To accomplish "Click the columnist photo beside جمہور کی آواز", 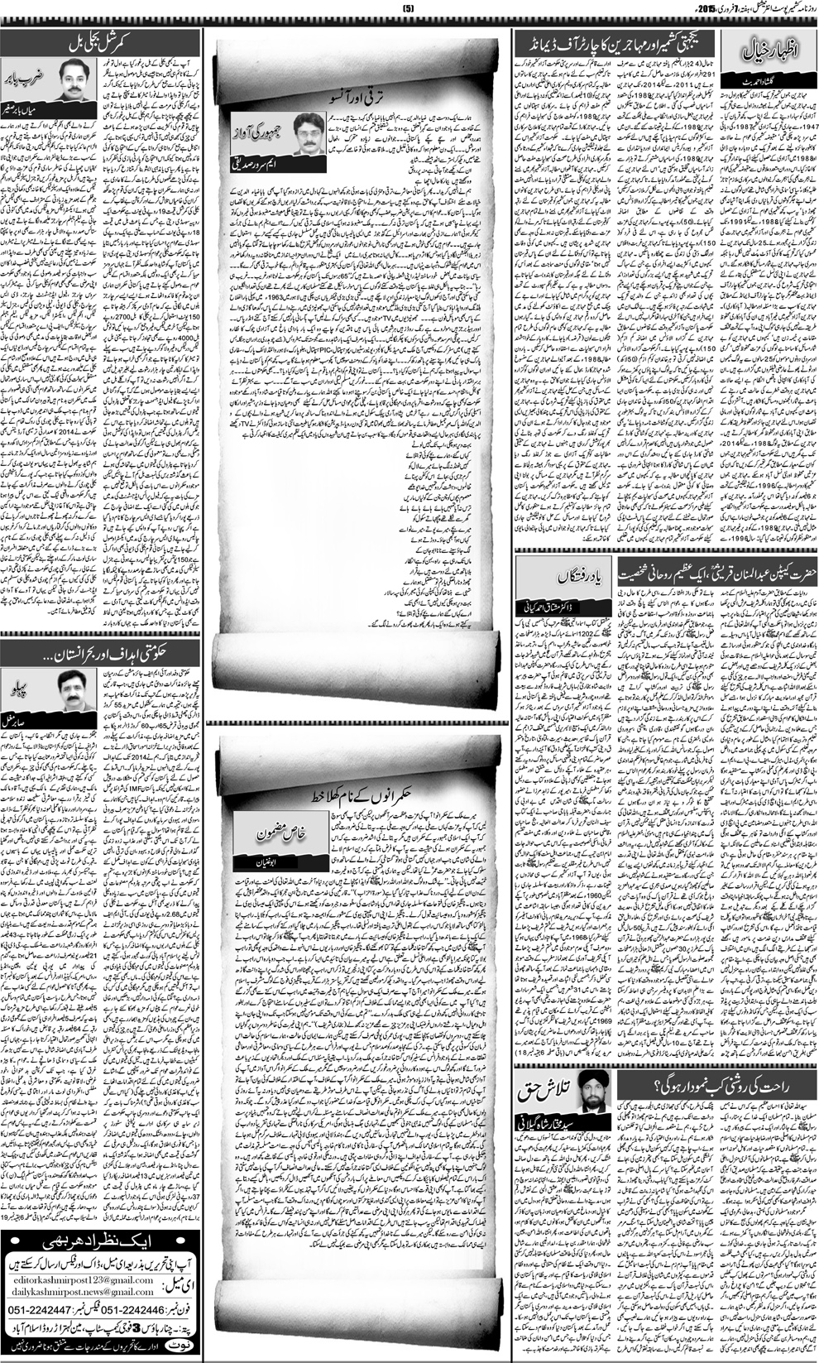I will tap(307, 132).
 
